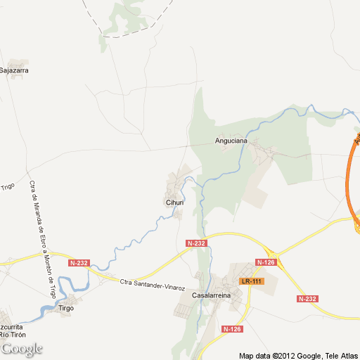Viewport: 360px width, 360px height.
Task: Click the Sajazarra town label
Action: click(x=14, y=70)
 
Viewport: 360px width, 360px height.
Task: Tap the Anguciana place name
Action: click(x=231, y=141)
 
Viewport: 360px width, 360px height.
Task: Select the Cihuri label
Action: click(x=174, y=202)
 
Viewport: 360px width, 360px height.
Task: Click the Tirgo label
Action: click(x=67, y=308)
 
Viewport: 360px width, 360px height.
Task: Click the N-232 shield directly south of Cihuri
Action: click(x=197, y=243)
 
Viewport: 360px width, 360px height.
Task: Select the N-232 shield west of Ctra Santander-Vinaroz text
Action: click(x=79, y=263)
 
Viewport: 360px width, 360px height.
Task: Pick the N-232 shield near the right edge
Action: click(x=307, y=299)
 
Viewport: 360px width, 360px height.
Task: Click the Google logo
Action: click(x=22, y=349)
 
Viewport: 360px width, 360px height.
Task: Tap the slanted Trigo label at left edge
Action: click(x=8, y=188)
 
